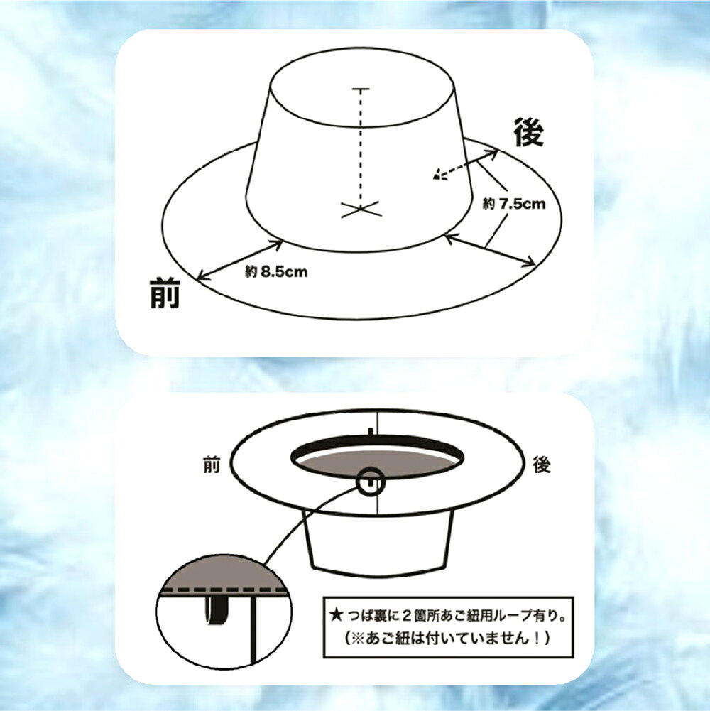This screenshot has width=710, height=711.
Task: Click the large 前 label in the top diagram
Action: [x=165, y=293]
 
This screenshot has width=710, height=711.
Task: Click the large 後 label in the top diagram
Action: [x=529, y=132]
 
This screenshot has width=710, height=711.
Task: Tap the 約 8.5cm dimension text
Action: [x=276, y=271]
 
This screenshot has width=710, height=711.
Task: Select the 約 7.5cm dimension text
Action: [x=513, y=204]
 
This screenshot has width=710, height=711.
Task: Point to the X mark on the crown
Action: [x=361, y=209]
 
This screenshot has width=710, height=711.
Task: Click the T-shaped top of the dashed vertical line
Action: [x=361, y=89]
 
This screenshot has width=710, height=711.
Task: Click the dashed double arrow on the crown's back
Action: [x=465, y=164]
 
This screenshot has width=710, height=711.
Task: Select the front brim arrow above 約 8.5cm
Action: [x=240, y=260]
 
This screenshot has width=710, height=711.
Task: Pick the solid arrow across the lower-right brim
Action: [x=490, y=249]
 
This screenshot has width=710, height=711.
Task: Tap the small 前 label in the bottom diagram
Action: [x=212, y=465]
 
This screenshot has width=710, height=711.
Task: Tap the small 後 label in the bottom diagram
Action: [x=541, y=465]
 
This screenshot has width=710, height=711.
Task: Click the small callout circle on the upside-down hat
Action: [x=371, y=482]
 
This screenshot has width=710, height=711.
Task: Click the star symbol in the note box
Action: [x=336, y=615]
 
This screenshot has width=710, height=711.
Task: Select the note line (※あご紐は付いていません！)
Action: [x=448, y=639]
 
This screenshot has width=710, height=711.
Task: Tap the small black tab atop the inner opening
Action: [x=371, y=432]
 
